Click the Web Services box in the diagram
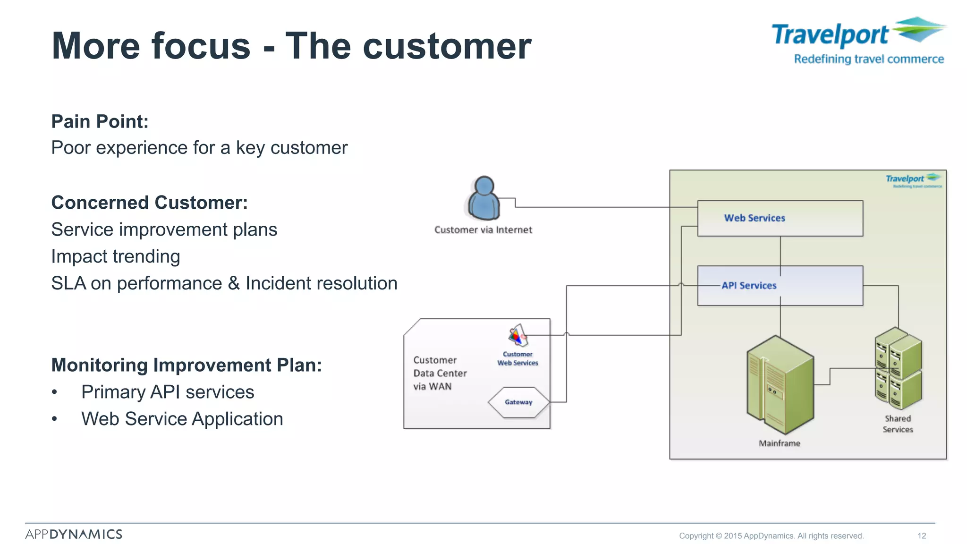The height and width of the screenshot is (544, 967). coord(780,218)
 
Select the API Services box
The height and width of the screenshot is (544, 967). coord(780,286)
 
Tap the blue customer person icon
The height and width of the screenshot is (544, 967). coord(483,199)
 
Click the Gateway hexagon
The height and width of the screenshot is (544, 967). coord(518,402)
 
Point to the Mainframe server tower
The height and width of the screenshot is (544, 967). coord(780,384)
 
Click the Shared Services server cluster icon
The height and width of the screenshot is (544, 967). coord(898,369)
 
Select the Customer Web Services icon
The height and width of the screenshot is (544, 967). coord(518,336)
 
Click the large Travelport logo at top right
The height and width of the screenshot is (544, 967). coord(858,41)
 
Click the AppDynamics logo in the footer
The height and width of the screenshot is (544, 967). coord(74,534)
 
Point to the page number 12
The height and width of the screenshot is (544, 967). coord(922,535)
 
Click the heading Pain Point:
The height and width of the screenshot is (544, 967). coord(100,121)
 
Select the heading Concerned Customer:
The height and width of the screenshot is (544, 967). coord(149,203)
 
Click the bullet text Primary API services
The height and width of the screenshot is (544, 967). coord(168,392)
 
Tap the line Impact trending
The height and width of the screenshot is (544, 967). coord(116,256)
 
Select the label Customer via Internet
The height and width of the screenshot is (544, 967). coord(483,230)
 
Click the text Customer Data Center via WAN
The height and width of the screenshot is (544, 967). coord(440,373)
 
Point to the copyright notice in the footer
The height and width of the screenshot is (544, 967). coord(771,535)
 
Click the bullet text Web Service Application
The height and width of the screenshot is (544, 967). coord(182,419)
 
